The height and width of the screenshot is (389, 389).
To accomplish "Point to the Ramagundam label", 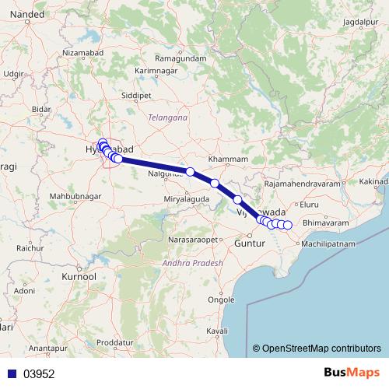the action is [178, 59].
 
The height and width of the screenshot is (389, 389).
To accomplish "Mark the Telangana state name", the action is [168, 117].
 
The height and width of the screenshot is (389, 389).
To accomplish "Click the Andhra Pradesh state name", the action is [192, 264].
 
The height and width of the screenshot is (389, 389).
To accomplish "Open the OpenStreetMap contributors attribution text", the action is [321, 348].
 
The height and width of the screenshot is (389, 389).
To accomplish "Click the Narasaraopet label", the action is [194, 240].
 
